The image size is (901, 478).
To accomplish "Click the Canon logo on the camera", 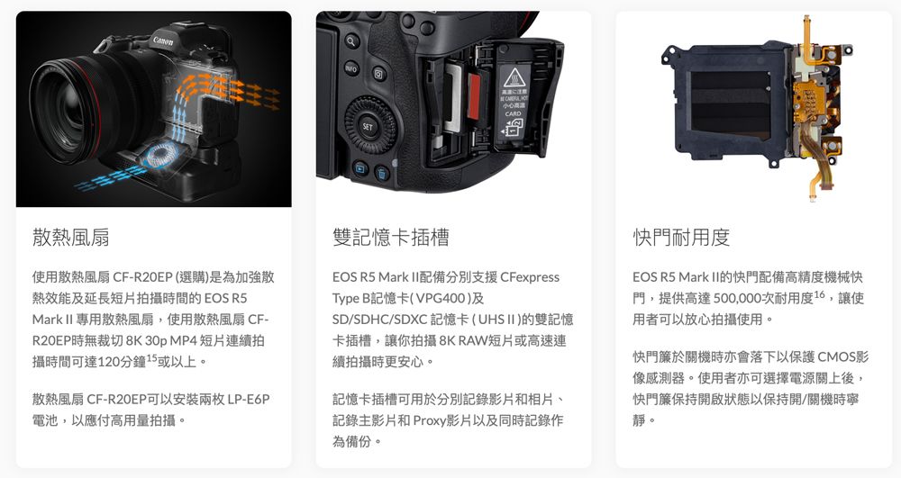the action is (162, 41).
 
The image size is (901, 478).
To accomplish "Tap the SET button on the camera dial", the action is (368, 127).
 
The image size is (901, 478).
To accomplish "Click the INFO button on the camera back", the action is (351, 68).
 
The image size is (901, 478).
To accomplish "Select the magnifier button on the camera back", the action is (351, 41).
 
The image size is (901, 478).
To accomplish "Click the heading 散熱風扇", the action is (70, 237).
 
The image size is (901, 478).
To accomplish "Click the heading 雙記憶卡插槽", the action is (391, 237).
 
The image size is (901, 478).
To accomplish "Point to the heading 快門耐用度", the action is (681, 237).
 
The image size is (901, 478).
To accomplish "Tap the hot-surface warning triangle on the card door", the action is (512, 77).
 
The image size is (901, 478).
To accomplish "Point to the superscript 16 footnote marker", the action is (819, 294).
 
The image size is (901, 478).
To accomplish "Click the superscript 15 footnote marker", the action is (151, 357).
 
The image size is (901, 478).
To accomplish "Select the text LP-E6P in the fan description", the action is (249, 399).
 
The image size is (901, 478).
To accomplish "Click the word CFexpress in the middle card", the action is (529, 277).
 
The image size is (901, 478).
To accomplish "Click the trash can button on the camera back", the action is (382, 173).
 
